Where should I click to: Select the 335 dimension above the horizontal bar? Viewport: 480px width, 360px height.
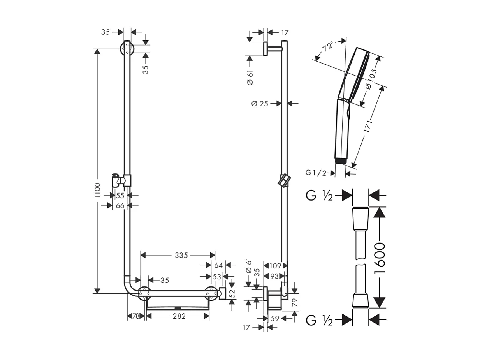click(x=181, y=255)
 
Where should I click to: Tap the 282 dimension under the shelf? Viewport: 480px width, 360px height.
click(x=179, y=316)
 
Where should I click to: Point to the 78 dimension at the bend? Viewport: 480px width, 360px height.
click(x=135, y=316)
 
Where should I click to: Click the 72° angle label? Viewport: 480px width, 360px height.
click(x=328, y=47)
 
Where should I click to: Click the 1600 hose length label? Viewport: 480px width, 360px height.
click(x=379, y=258)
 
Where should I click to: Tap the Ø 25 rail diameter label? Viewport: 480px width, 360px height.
click(x=260, y=103)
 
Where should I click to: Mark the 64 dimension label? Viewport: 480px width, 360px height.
click(x=218, y=265)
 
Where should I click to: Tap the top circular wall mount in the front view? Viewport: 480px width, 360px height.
click(x=127, y=49)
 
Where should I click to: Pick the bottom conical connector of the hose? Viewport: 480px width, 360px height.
click(x=360, y=300)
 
